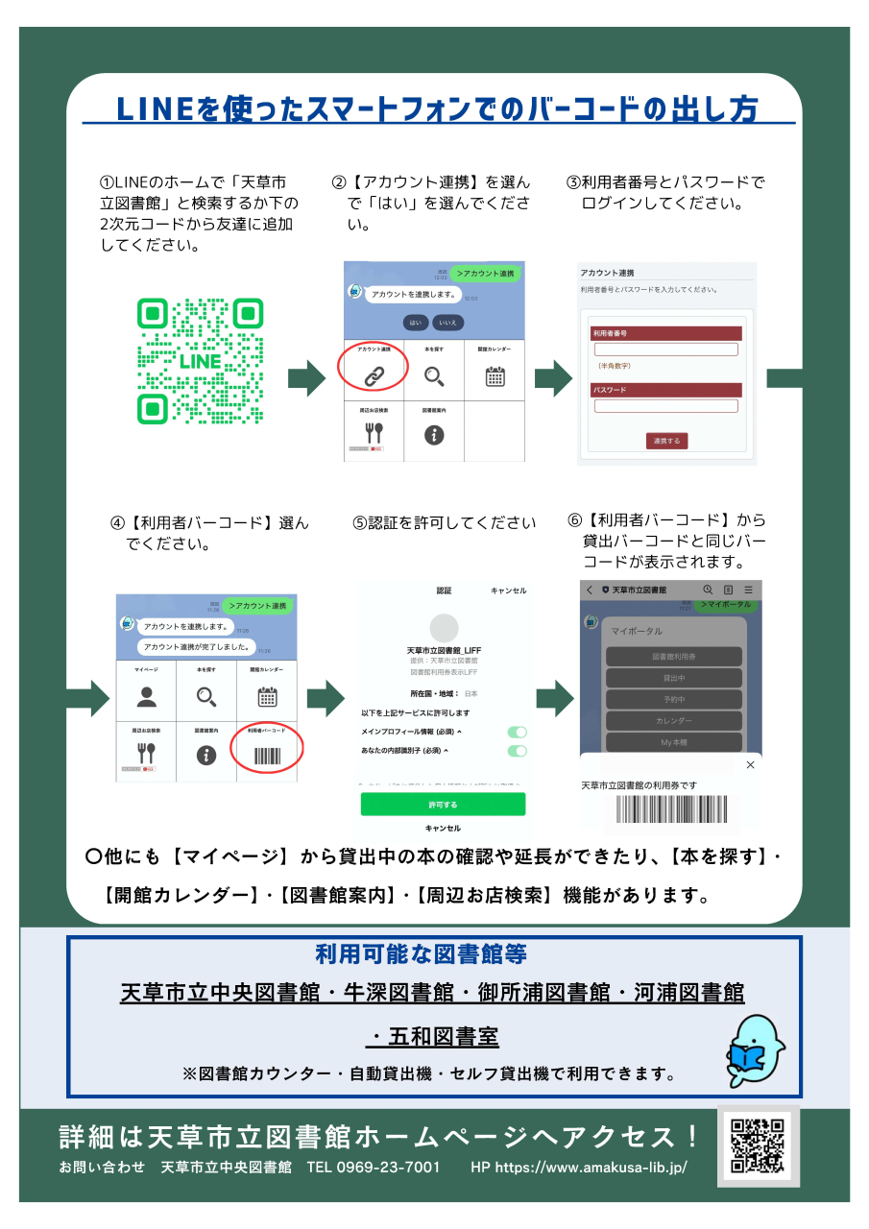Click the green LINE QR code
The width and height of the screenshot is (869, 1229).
pyautogui.click(x=200, y=361)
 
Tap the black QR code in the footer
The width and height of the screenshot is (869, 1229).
pyautogui.click(x=758, y=1145)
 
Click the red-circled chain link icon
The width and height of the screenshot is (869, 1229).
pyautogui.click(x=374, y=374)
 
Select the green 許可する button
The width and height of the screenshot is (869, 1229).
pyautogui.click(x=443, y=805)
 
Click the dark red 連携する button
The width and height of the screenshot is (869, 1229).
pyautogui.click(x=666, y=441)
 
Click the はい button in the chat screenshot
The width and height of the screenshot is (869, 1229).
pyautogui.click(x=416, y=323)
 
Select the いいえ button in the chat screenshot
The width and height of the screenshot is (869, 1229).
pyautogui.click(x=448, y=323)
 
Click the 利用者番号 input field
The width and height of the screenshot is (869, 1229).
pyautogui.click(x=665, y=349)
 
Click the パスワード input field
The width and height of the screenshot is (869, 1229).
pyautogui.click(x=665, y=406)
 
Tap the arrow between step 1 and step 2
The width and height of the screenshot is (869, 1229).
pyautogui.click(x=307, y=378)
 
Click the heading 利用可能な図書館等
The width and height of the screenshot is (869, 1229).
pyautogui.click(x=421, y=954)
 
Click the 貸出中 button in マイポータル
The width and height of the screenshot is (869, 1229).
pyautogui.click(x=673, y=678)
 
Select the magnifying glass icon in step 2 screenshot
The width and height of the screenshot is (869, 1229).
pyautogui.click(x=434, y=375)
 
